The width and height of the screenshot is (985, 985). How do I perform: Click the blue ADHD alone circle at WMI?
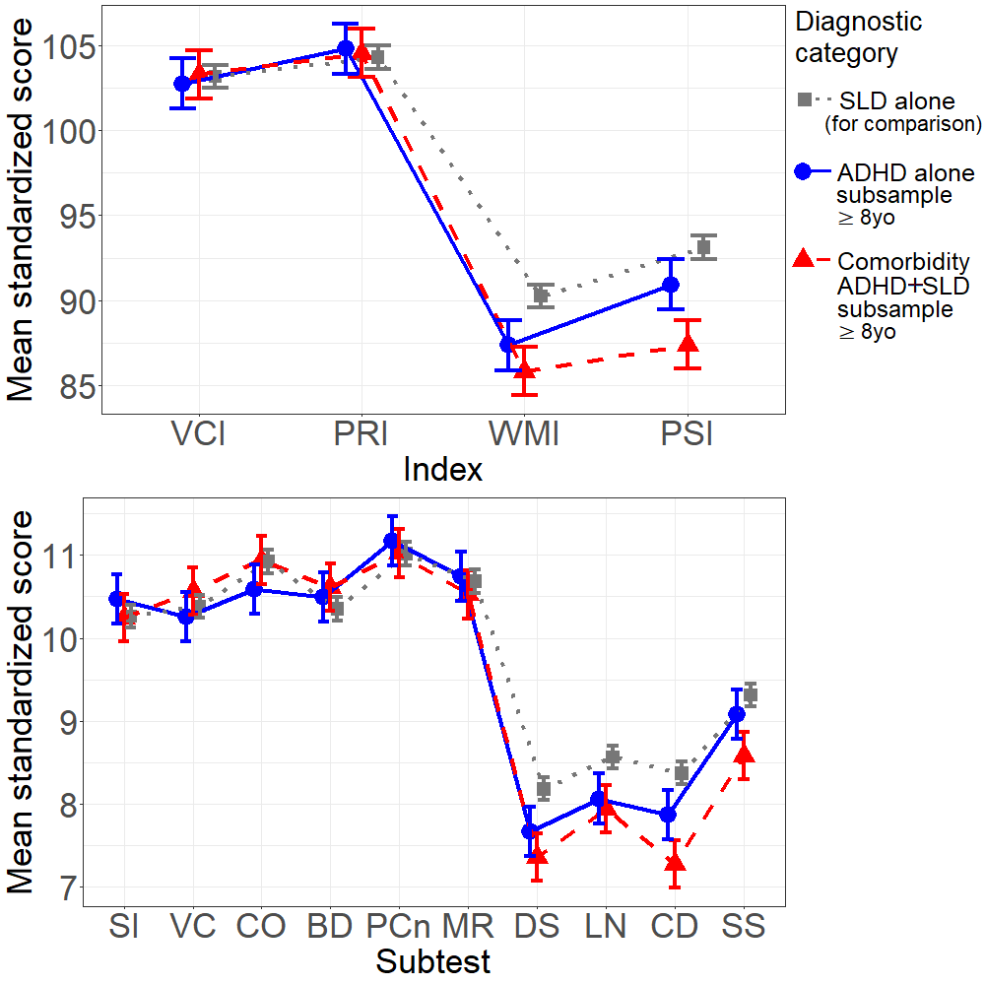(508, 345)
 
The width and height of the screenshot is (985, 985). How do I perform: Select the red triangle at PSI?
(688, 344)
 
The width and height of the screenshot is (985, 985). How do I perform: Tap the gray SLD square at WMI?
(540, 295)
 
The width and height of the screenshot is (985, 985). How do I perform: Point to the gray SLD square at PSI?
(703, 247)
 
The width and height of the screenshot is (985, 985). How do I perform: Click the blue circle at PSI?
(671, 285)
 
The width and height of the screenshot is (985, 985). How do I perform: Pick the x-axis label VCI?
(198, 434)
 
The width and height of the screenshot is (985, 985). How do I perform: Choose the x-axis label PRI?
(361, 434)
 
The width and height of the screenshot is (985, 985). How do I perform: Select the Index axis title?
(442, 471)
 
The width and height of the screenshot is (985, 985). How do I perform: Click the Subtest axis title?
(433, 961)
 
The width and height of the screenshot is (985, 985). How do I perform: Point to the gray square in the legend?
(804, 99)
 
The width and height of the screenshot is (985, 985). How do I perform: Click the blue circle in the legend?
(803, 171)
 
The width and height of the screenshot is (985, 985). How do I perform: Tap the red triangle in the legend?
(803, 260)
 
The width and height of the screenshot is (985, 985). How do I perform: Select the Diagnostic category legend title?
(858, 37)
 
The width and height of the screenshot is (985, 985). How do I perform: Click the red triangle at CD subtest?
(675, 864)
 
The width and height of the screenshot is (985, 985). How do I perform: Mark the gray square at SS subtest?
(751, 694)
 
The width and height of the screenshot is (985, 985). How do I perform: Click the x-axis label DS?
(537, 928)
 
